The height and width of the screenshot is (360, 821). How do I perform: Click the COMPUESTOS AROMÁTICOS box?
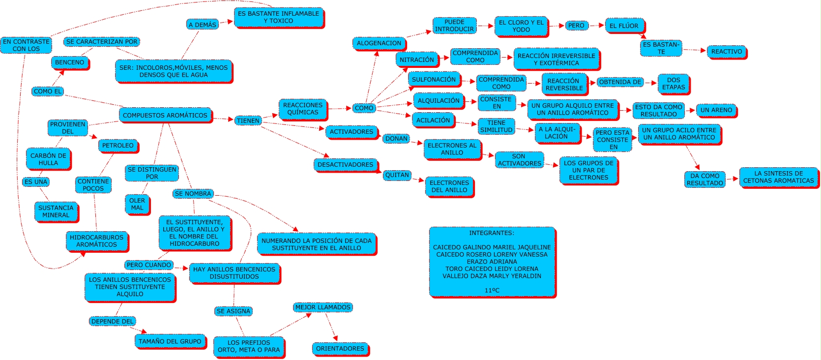click(x=165, y=115)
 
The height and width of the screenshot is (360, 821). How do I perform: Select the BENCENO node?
click(x=69, y=62)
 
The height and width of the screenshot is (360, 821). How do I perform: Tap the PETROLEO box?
click(x=118, y=146)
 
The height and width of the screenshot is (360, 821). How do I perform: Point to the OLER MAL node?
click(x=137, y=204)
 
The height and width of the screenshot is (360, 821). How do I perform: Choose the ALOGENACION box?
click(x=379, y=43)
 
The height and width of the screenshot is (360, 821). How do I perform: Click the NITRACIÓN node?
click(x=416, y=60)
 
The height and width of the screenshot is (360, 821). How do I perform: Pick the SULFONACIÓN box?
click(x=434, y=79)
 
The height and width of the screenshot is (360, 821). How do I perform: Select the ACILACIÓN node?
click(x=433, y=120)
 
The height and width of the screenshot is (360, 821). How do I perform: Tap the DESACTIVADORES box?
click(x=345, y=165)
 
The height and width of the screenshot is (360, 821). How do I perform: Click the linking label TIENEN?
click(x=248, y=120)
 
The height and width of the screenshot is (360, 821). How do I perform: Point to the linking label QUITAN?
click(x=397, y=175)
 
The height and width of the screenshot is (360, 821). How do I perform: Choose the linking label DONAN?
click(x=396, y=139)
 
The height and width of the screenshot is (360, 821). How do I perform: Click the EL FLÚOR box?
click(x=624, y=26)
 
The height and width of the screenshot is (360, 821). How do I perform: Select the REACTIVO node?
click(x=727, y=51)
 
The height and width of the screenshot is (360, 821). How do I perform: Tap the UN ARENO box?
click(x=716, y=110)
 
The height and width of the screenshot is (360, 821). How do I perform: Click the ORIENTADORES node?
click(x=340, y=349)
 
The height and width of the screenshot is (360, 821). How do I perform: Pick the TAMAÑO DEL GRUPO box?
click(x=170, y=341)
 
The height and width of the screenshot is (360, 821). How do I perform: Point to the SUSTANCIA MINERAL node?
click(x=56, y=211)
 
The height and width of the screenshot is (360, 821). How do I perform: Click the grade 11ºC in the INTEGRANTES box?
click(x=492, y=290)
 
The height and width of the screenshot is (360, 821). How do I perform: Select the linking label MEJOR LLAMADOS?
click(x=323, y=307)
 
